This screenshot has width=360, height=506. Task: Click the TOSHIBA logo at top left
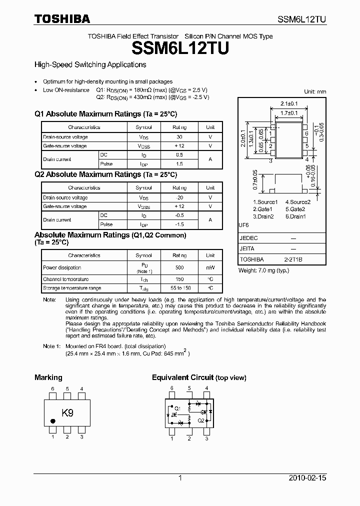tap(62, 19)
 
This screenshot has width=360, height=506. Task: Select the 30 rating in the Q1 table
tap(179, 137)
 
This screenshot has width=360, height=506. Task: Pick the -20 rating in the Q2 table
tap(179, 197)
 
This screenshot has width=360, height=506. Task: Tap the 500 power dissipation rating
tap(179, 268)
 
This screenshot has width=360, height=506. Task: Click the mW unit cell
tap(210, 268)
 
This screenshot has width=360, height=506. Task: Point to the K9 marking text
tap(67, 413)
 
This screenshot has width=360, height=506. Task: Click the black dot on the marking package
tap(53, 421)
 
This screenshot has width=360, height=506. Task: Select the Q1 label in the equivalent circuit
tap(177, 407)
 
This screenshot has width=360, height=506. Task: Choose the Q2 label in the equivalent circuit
tap(200, 420)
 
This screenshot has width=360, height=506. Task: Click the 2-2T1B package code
tap(293, 259)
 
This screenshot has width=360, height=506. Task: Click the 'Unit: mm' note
tap(315, 91)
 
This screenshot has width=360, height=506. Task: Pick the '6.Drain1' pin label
tap(295, 216)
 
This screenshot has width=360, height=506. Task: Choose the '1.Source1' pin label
tap(265, 202)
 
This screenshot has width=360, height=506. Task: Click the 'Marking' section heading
tap(48, 377)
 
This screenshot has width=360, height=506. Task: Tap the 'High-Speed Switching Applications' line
tap(90, 64)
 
